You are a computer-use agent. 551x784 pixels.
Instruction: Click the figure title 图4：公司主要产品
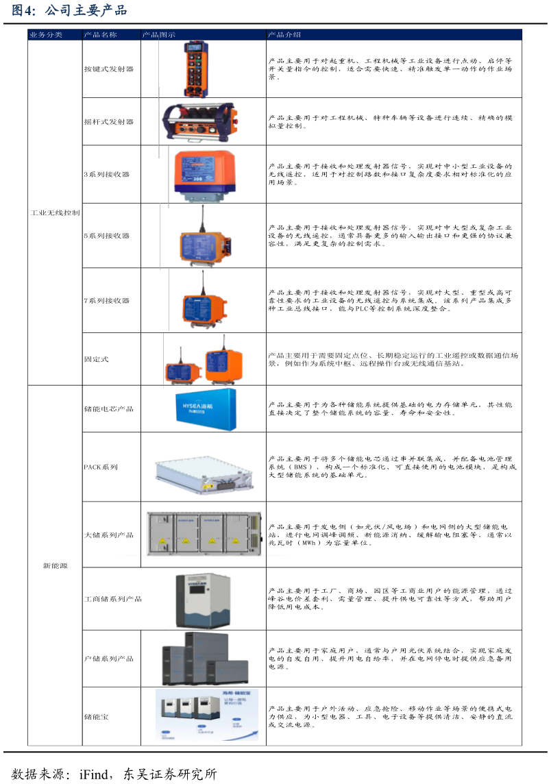coord(69,11)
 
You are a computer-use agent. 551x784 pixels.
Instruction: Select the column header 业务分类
coord(46,34)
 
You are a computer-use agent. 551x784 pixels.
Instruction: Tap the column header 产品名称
coord(100,34)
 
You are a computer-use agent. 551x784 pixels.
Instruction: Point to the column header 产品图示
coord(158,34)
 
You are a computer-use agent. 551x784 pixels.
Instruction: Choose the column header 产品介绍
coord(284,34)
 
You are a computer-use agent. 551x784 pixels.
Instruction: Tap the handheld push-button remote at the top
coord(196,69)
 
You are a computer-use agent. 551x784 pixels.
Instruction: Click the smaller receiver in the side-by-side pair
coord(182,372)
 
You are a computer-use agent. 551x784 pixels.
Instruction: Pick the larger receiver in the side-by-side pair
coord(223,366)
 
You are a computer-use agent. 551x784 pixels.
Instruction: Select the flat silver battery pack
coord(204,475)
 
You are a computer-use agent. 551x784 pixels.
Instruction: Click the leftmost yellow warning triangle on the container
coord(162,541)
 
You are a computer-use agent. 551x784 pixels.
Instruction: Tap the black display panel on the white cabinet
coord(199,589)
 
